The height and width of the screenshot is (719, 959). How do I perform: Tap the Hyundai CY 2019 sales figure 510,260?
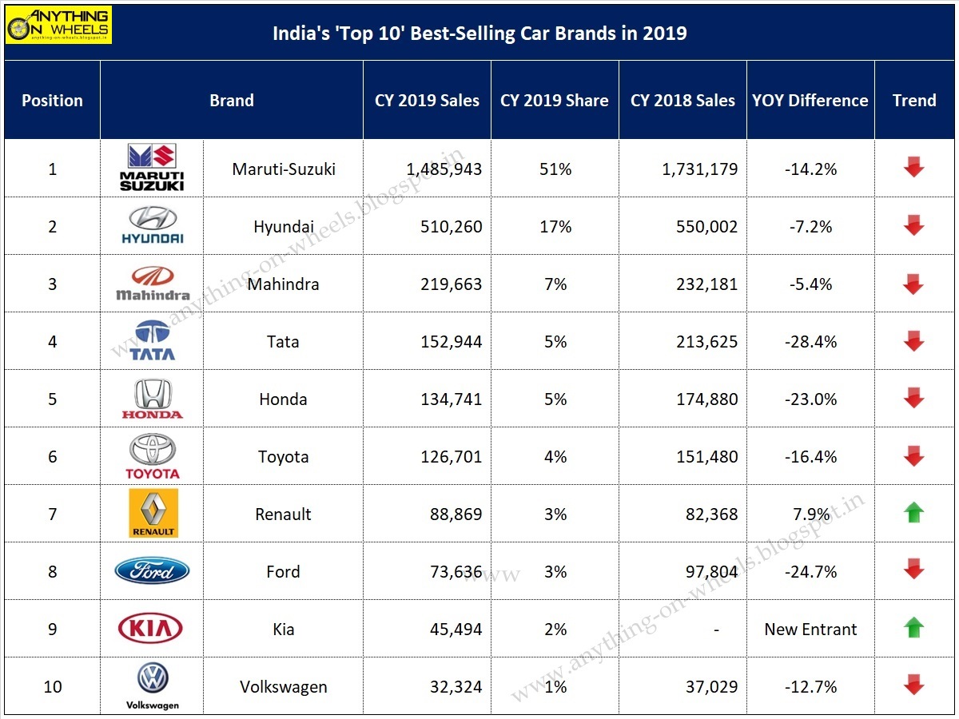click(452, 227)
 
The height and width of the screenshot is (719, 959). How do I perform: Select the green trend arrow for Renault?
click(913, 513)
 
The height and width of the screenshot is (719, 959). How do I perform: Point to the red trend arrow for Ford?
click(913, 570)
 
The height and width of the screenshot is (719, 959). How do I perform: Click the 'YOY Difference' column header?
click(810, 101)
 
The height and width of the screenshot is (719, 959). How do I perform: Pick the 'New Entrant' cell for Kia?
click(810, 630)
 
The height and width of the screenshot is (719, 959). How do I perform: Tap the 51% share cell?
click(555, 169)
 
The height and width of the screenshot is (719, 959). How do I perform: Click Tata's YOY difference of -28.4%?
click(810, 342)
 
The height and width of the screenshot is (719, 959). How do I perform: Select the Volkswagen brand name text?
click(283, 687)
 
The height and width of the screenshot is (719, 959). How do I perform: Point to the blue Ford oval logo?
click(152, 571)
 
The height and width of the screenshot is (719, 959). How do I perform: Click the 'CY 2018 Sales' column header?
click(682, 101)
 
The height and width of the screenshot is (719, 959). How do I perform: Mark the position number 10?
click(53, 687)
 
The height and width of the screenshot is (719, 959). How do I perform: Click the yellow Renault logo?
click(153, 513)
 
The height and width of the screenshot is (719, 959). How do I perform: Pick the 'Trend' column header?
click(914, 101)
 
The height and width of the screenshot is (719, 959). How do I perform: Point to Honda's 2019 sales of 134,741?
click(452, 399)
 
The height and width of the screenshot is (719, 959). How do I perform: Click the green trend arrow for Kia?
click(913, 628)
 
